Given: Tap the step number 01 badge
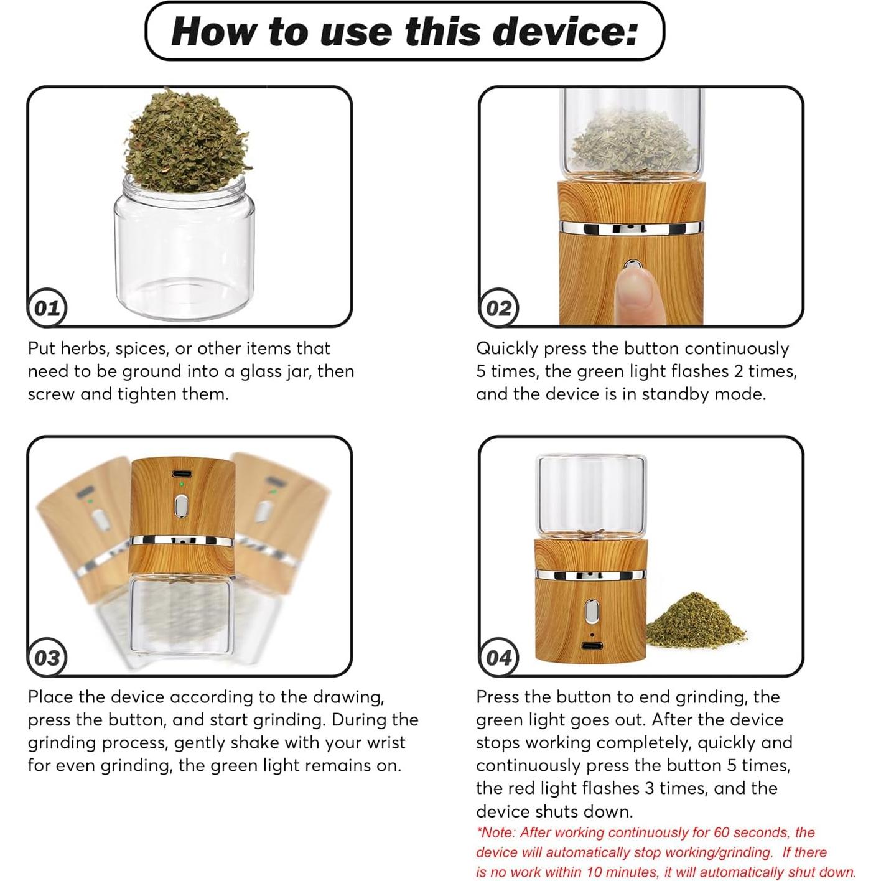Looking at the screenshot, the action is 47,308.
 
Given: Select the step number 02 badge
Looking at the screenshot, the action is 498,308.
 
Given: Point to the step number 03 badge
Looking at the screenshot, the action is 47,658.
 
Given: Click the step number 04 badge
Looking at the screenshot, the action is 498,658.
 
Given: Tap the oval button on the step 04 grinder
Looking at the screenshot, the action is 592,611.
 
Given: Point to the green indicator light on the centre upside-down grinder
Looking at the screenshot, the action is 182,483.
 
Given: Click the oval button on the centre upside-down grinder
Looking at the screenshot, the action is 182,506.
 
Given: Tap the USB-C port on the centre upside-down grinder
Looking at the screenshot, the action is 182,473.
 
